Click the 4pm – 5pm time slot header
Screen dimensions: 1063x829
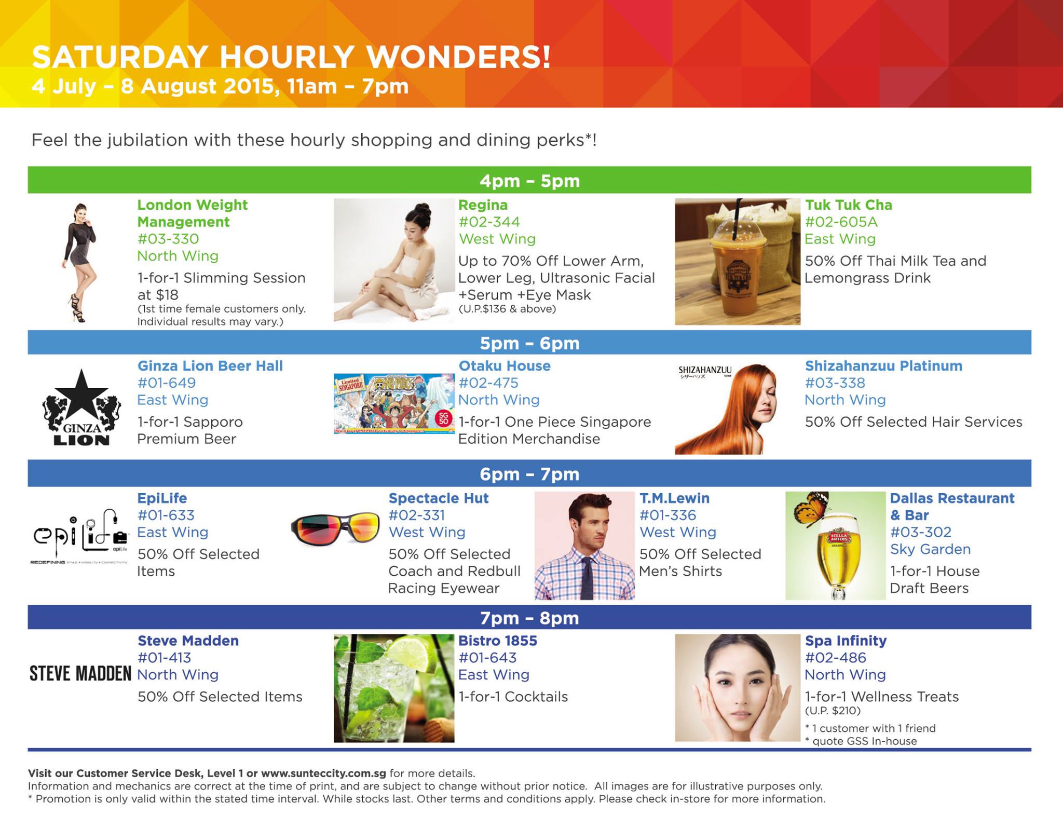coord(529,180)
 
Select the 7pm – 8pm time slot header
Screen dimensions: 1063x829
coord(529,618)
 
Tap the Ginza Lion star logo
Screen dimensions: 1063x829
coord(81,407)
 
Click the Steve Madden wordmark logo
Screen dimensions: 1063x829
coord(80,674)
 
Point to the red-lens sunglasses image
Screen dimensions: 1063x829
coord(335,529)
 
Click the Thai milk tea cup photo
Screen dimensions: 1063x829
coord(738,262)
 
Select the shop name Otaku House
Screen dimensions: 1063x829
coord(505,366)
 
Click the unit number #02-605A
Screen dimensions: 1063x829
coord(841,222)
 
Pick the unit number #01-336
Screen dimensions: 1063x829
coord(667,515)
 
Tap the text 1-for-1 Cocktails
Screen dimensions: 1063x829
coord(513,697)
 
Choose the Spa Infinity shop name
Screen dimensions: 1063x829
coord(846,641)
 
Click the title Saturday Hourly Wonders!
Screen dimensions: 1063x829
coord(291,57)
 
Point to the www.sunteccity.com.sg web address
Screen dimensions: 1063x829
coord(323,773)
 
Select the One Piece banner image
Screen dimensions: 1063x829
coord(394,404)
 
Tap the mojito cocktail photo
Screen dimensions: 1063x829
coord(394,688)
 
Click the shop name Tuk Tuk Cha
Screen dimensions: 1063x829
coord(849,205)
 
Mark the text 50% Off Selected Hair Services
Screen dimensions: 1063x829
coord(914,422)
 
